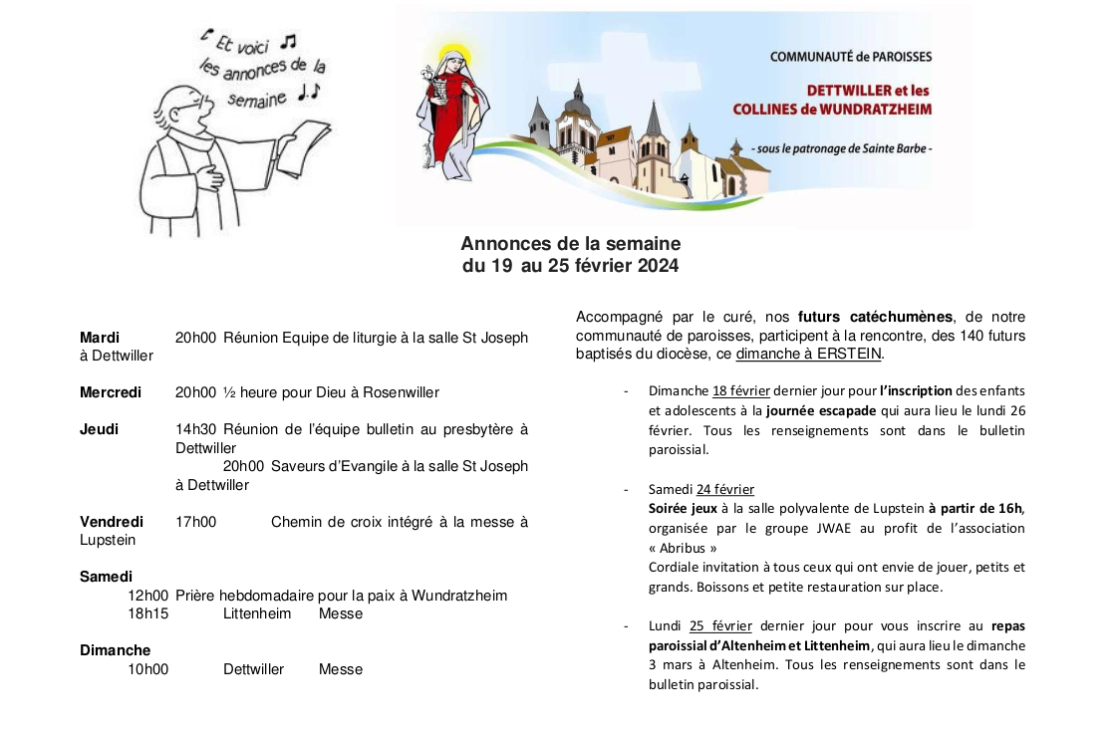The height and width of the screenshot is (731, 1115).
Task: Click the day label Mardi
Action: click(100, 338)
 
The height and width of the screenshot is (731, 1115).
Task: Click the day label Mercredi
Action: click(110, 392)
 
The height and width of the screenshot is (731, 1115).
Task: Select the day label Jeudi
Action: click(99, 429)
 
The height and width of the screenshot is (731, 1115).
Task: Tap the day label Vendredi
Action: click(111, 522)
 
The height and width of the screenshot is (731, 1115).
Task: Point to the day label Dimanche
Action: click(115, 650)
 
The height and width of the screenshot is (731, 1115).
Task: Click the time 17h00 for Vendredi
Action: click(195, 522)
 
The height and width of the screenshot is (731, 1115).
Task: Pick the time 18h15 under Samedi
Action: click(147, 613)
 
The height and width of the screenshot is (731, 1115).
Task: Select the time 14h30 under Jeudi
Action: click(195, 429)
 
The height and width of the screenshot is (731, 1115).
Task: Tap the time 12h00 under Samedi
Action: click(147, 596)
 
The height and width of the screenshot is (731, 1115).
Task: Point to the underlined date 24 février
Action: click(725, 489)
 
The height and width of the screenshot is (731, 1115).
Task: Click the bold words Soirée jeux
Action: click(683, 508)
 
